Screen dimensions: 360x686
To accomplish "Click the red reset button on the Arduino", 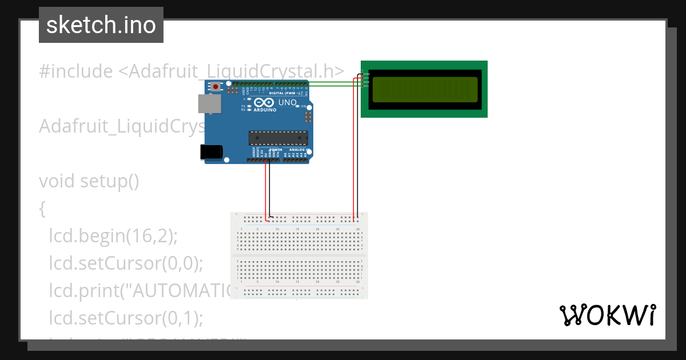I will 216,87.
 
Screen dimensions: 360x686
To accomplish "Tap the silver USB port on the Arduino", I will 209,103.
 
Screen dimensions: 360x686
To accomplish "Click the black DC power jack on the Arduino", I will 210,151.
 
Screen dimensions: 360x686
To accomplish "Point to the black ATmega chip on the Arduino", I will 278,138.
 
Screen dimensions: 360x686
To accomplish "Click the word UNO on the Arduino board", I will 288,103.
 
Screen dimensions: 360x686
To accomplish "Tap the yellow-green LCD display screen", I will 425,89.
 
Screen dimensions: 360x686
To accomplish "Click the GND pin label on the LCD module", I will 366,74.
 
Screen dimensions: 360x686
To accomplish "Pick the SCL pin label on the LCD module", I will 366,86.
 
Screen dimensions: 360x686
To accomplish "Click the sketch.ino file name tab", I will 101,25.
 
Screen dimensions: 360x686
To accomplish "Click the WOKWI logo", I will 607,315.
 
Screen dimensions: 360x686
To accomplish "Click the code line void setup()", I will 89,181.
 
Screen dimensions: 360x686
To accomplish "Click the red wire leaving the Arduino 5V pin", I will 265,189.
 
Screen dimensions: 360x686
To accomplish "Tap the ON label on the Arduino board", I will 304,107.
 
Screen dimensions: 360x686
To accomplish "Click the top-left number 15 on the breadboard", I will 297,229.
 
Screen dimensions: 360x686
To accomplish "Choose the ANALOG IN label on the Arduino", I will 297,150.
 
